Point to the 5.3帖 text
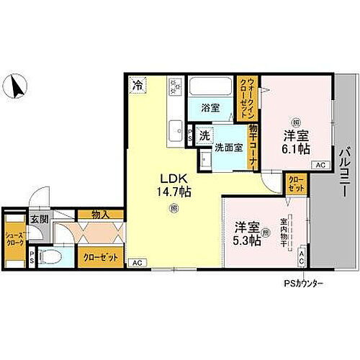coord(246,241)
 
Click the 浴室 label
coord(210,109)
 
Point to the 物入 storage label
coord(100,214)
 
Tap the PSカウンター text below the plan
coord(302,283)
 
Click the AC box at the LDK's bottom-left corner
coord(137,263)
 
